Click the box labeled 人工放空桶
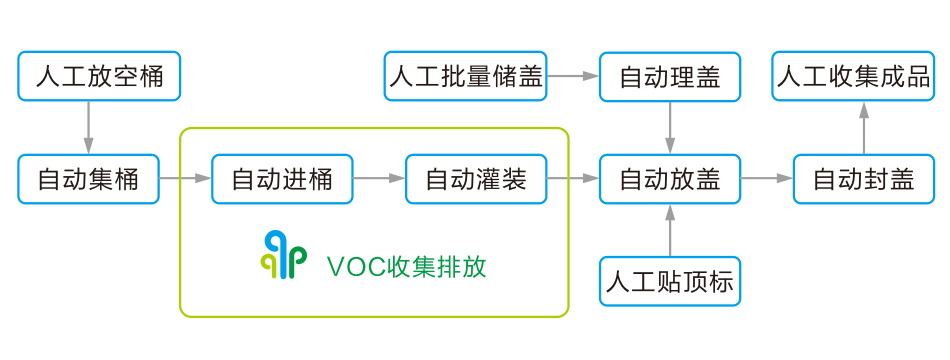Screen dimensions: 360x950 [x=99, y=76]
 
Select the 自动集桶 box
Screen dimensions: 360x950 [x=89, y=179]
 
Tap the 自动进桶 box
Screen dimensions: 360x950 [x=283, y=179]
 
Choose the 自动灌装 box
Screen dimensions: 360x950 [x=476, y=179]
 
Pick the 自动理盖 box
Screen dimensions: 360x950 [x=670, y=76]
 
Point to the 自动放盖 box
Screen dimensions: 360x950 [x=670, y=179]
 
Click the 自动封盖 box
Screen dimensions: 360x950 [x=864, y=179]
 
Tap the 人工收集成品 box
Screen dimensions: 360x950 [x=854, y=76]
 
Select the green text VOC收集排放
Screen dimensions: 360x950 [x=406, y=267]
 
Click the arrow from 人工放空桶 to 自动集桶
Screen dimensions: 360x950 [x=88, y=127]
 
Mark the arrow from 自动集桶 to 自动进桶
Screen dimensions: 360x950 [x=185, y=179]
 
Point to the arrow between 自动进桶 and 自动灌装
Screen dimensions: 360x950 [x=379, y=179]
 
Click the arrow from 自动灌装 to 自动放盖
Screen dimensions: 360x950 [x=573, y=179]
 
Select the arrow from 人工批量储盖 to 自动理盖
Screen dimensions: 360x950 [x=573, y=76]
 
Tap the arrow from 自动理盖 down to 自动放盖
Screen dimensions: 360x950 [x=670, y=127]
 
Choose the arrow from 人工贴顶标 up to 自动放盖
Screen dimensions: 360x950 [x=670, y=230]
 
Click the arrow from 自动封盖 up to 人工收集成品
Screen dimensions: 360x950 [x=864, y=127]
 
